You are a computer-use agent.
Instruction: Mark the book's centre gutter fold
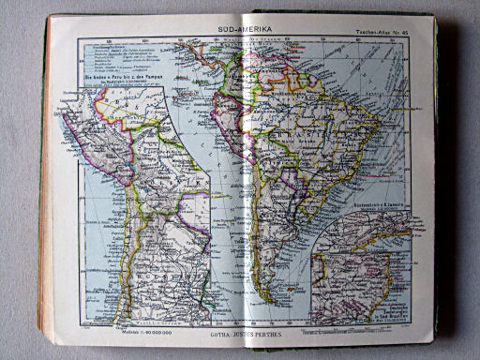(247, 187)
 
